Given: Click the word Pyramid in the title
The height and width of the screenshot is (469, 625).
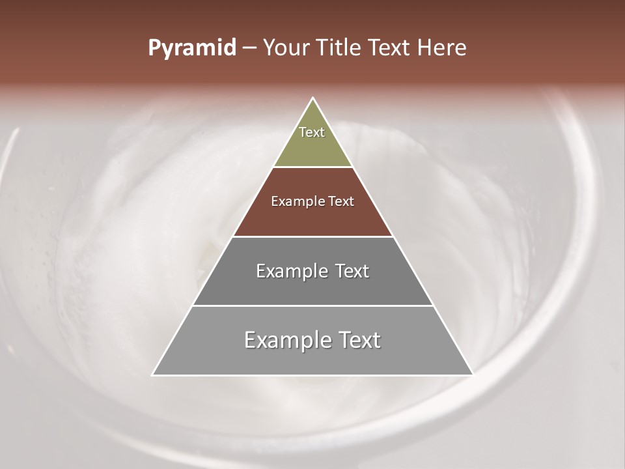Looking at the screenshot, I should (x=191, y=48).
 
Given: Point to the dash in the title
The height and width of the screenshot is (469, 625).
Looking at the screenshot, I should (x=249, y=48).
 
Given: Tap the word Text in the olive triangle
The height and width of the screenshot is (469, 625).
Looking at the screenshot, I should (x=312, y=132).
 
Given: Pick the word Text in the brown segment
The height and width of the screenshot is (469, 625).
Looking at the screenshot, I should (x=341, y=201).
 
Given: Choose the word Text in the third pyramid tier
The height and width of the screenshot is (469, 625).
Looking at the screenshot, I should (x=352, y=271).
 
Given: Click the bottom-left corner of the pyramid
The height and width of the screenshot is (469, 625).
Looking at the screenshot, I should (x=153, y=375).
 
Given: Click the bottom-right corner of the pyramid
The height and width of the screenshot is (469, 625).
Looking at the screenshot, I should (x=473, y=375).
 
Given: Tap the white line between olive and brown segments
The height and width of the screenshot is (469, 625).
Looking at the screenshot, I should (x=312, y=167).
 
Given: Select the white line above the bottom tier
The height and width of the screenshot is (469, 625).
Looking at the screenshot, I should (x=312, y=306).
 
